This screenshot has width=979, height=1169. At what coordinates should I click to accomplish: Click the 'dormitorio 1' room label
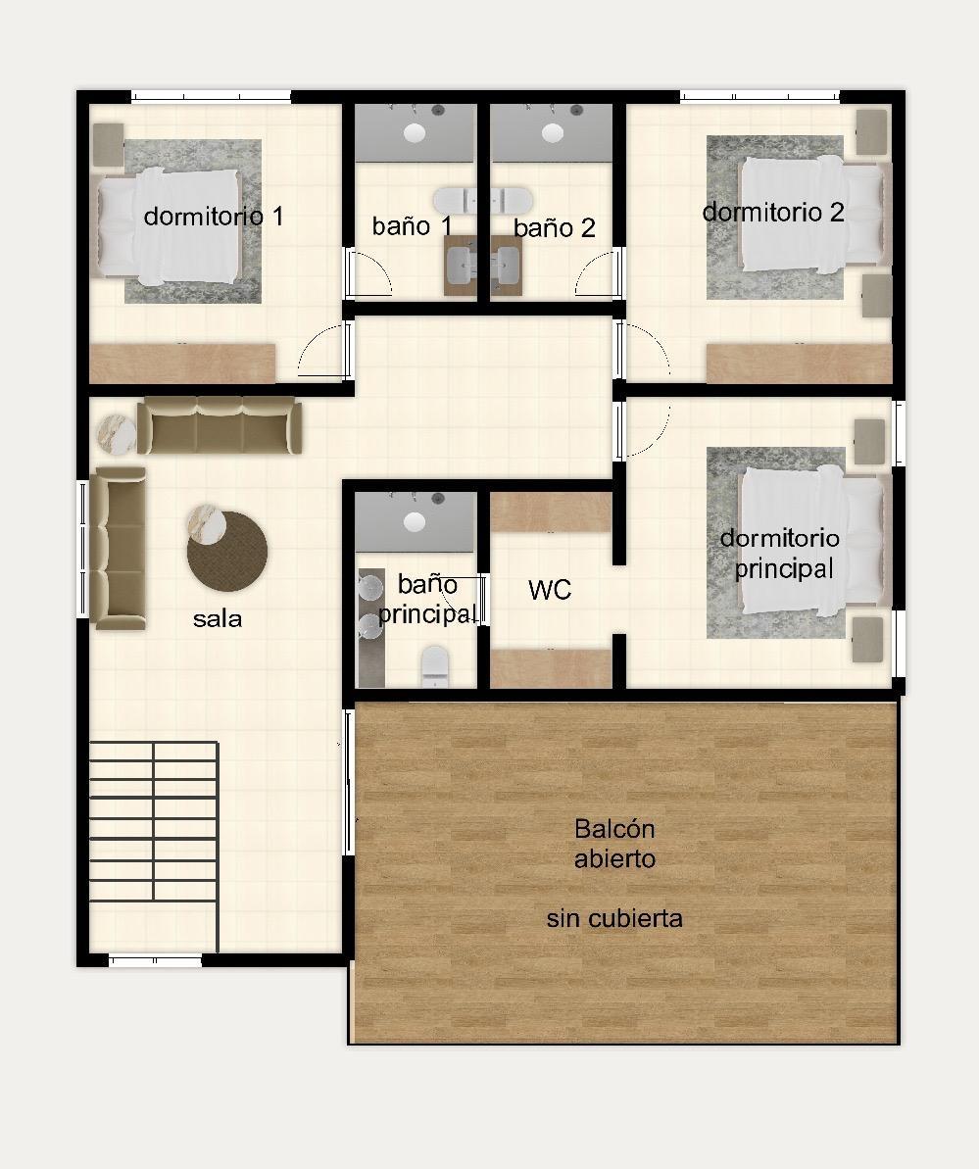pyautogui.click(x=214, y=217)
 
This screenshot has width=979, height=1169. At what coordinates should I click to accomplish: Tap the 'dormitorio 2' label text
pyautogui.click(x=773, y=213)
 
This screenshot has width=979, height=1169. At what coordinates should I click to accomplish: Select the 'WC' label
pyautogui.click(x=550, y=590)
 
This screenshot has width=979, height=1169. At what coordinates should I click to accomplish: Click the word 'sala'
pyautogui.click(x=217, y=618)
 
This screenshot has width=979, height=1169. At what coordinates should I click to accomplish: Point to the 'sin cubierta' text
pyautogui.click(x=614, y=918)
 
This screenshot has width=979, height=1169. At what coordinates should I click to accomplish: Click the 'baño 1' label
pyautogui.click(x=413, y=226)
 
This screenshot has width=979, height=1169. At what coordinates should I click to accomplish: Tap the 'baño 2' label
pyautogui.click(x=554, y=227)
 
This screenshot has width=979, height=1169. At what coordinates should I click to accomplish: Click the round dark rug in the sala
pyautogui.click(x=227, y=552)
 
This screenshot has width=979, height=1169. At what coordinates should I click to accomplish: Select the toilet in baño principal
pyautogui.click(x=435, y=665)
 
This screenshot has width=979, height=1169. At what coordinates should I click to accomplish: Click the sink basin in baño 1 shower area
pyautogui.click(x=415, y=133)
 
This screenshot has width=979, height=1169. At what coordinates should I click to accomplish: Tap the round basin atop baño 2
pyautogui.click(x=553, y=133)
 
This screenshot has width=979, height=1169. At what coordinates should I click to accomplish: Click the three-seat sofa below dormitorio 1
pyautogui.click(x=220, y=425)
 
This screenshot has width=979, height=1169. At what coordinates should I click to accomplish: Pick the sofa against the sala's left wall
pyautogui.click(x=118, y=549)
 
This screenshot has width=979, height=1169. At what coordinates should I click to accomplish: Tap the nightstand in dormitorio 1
pyautogui.click(x=108, y=145)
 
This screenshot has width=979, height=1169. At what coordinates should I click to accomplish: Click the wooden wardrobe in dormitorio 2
pyautogui.click(x=800, y=364)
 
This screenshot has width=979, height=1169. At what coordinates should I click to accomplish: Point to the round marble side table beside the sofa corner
pyautogui.click(x=117, y=434)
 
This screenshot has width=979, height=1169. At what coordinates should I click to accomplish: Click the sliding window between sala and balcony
pyautogui.click(x=348, y=781)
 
